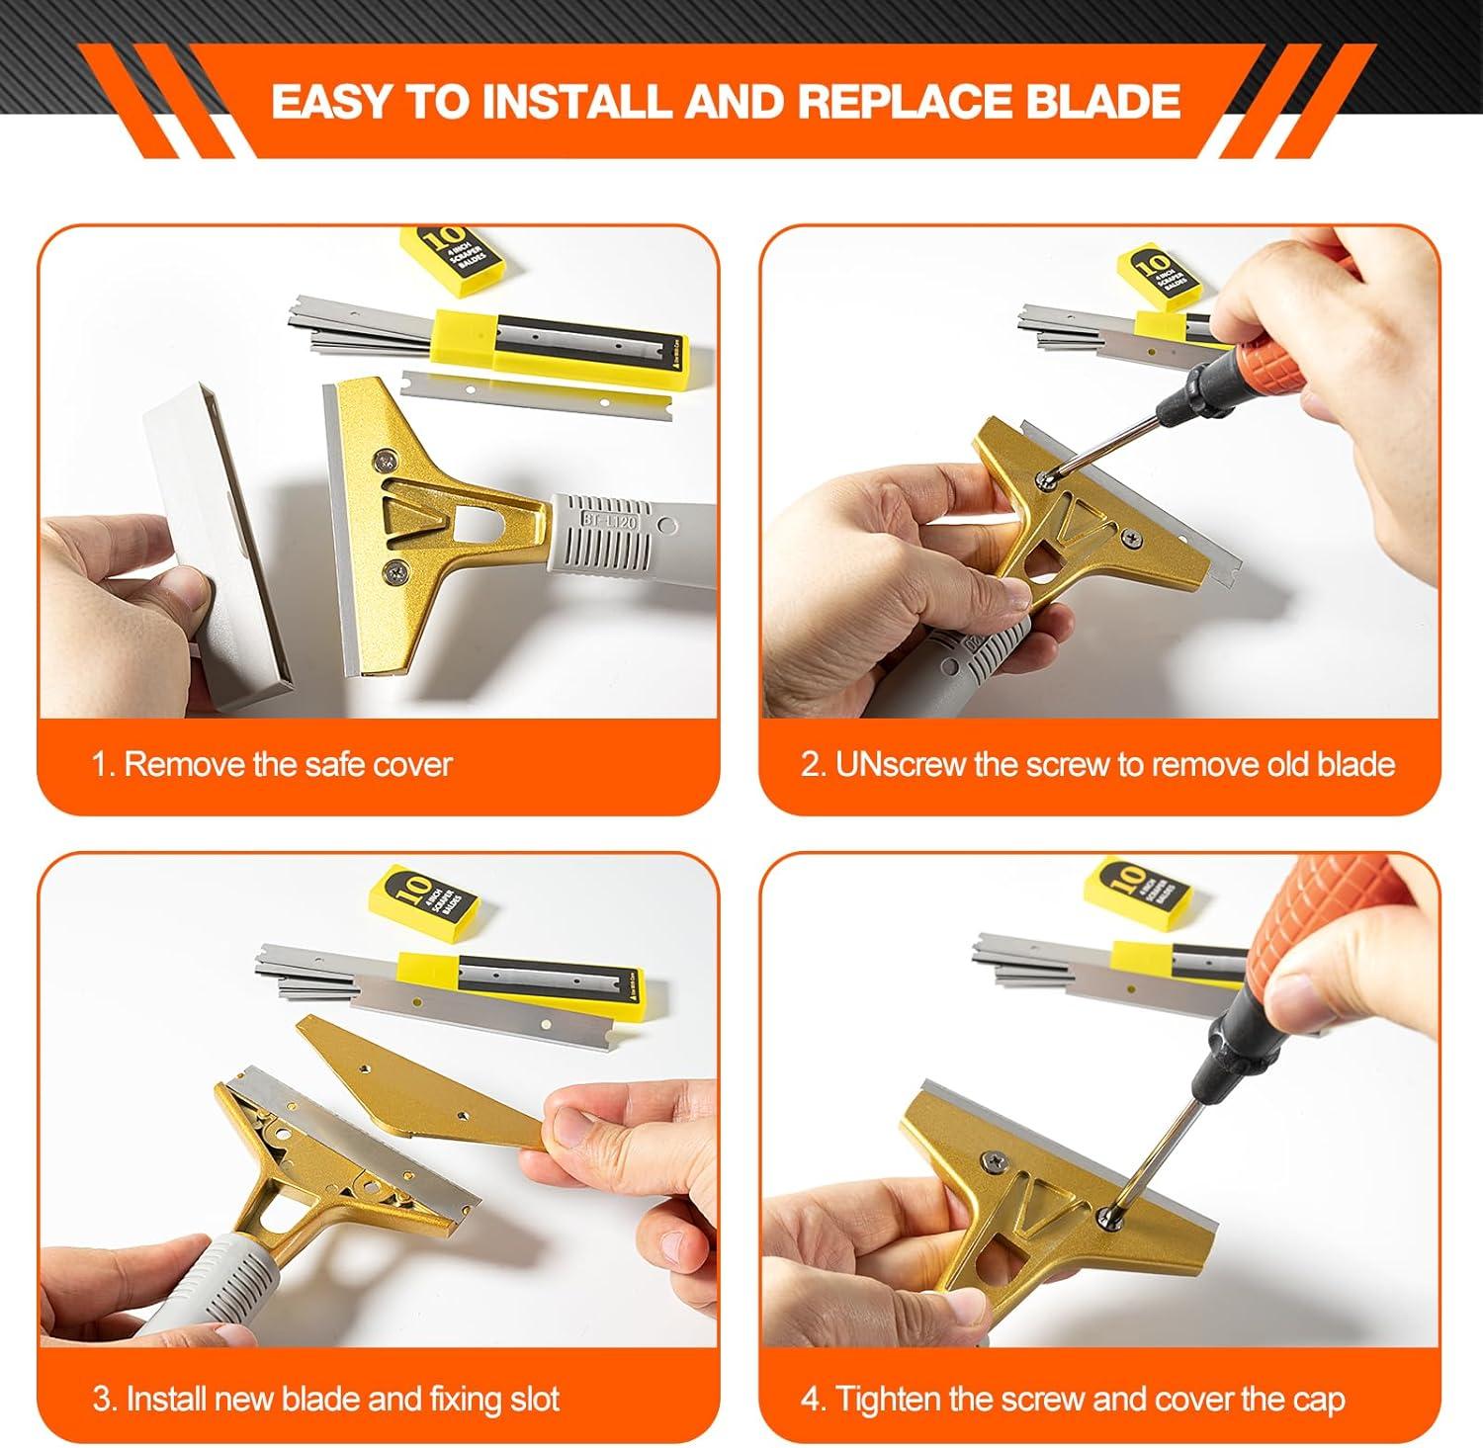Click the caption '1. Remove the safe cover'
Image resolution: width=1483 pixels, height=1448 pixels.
[272, 764]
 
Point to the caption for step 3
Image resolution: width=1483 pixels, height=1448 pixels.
[326, 1399]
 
